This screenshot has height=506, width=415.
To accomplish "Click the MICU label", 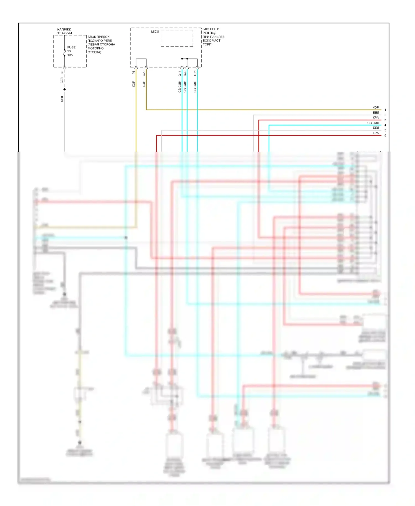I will (155, 32).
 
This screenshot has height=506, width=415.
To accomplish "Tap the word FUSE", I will (71, 47).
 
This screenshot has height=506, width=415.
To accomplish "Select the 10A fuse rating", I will (70, 55).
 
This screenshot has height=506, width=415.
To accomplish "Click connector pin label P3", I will (134, 73).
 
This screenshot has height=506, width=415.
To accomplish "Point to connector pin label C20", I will (144, 73).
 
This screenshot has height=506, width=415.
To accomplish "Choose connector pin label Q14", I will (180, 73).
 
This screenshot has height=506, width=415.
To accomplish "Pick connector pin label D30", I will (185, 73).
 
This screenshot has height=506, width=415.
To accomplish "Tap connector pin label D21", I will (195, 73).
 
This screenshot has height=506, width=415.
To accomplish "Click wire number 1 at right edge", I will (385, 110).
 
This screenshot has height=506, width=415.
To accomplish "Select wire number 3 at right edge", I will (385, 120).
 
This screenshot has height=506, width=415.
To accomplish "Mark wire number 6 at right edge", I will (385, 135).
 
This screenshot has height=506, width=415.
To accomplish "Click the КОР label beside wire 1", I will (375, 107).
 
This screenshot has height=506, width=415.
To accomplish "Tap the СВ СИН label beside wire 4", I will (373, 123).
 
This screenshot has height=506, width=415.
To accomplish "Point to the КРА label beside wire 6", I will (375, 133).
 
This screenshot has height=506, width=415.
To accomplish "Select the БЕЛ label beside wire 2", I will (376, 113).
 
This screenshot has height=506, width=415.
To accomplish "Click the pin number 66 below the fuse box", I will (62, 73).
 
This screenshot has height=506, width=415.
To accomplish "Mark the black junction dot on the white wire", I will (64, 89).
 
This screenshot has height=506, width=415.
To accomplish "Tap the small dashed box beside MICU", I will (177, 38).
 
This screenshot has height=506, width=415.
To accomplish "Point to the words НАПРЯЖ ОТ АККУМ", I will (64, 31).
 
